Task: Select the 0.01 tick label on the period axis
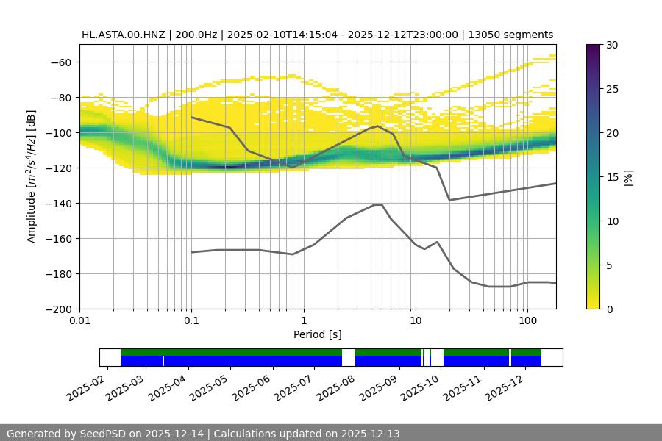tap(79, 320)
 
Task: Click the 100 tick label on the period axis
tap(527, 320)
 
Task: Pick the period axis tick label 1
tap(303, 320)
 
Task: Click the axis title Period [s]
tap(317, 334)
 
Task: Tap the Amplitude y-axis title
tap(32, 176)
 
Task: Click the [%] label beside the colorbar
tap(628, 177)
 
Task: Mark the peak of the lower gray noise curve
tap(378, 204)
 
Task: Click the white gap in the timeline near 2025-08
tap(348, 357)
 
